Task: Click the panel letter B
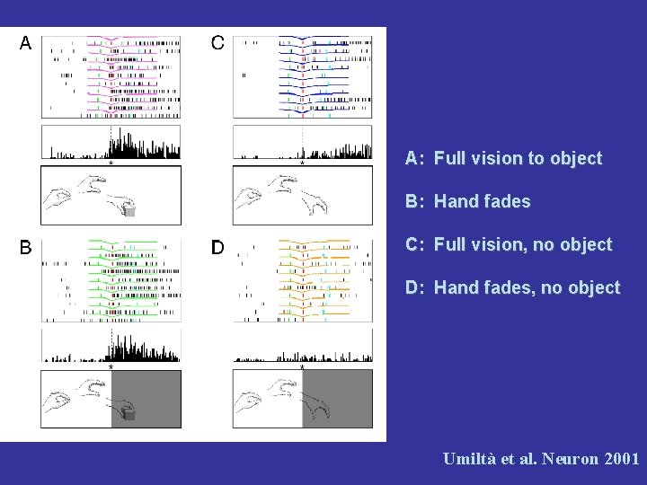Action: pos(26,246)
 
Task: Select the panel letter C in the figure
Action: pos(218,43)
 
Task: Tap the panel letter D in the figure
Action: pos(218,246)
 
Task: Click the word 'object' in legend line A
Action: pos(576,159)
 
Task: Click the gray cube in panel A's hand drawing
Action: pos(129,212)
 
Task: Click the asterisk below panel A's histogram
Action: pos(111,163)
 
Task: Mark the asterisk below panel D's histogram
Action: pos(302,366)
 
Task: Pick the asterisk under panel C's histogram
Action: pos(302,163)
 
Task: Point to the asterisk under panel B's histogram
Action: pos(111,366)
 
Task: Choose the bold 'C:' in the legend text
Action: pos(414,245)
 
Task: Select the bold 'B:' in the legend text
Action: pos(414,202)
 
